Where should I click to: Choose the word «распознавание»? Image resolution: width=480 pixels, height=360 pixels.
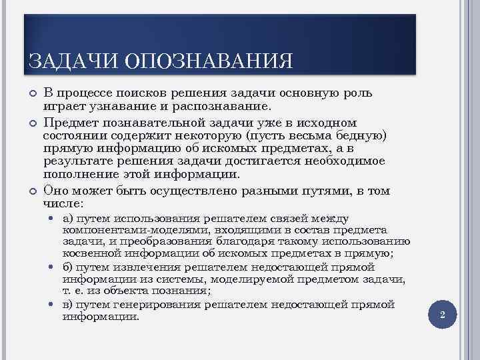[x=221, y=105]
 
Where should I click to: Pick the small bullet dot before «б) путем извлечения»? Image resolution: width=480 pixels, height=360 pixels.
[x=53, y=267]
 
